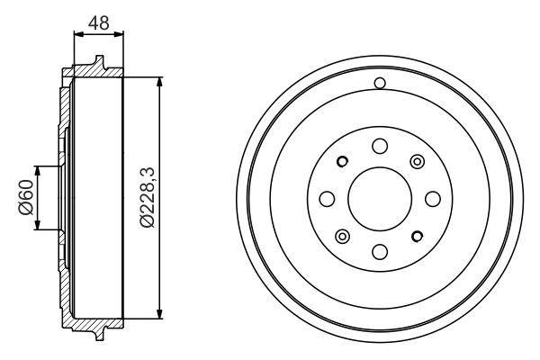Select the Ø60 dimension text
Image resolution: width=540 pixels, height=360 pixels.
click(25, 198)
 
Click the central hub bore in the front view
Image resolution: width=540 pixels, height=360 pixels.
click(379, 198)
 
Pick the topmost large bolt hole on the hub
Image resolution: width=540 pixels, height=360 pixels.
click(379, 146)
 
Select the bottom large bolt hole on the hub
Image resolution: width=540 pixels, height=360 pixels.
click(379, 250)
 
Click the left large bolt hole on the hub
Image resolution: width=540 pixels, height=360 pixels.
click(327, 198)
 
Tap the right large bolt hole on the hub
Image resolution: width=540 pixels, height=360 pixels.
click(431, 198)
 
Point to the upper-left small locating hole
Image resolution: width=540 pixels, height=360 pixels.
click(341, 162)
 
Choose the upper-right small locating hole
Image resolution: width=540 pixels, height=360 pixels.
click(416, 161)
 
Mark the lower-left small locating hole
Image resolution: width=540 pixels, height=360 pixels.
click(341, 236)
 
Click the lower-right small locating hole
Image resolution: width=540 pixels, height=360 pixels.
click(416, 236)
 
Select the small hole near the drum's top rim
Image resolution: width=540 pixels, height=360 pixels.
click(379, 85)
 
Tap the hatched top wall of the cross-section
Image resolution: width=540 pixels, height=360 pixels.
click(94, 69)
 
